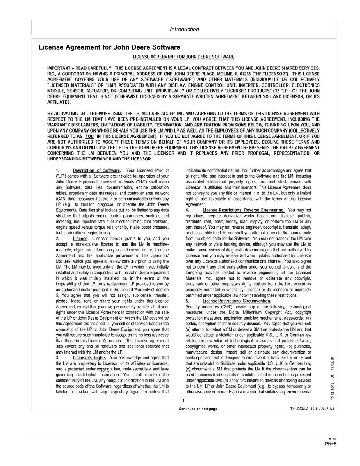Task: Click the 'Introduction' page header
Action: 184,29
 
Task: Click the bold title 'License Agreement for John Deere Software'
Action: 110,47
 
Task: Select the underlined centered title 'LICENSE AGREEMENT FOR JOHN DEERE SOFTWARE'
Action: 183,57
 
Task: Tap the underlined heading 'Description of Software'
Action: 96,170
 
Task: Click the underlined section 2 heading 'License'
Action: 80,239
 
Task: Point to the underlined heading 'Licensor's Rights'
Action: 89,358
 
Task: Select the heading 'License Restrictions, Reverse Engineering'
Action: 243,210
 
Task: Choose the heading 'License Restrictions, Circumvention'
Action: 237,301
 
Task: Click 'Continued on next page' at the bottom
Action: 198,409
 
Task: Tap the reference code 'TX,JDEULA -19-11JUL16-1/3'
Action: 310,409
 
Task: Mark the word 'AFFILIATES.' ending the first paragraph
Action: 59,103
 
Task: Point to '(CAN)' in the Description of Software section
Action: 61,199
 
